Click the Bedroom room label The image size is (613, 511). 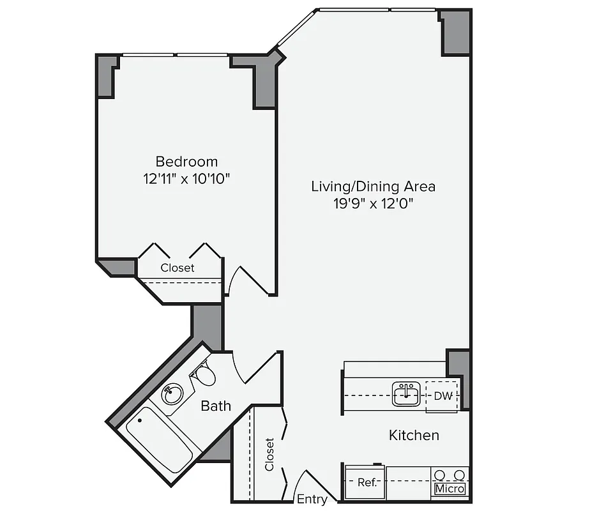coord(186,162)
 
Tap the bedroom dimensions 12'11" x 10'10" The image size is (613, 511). coord(186,179)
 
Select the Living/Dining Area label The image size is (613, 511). coord(373,187)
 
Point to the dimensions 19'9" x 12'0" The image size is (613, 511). coord(373,204)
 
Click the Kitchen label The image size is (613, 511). coord(414,436)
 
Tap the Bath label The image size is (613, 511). coord(216,406)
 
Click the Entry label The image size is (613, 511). coord(312,500)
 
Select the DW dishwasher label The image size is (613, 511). coord(443,396)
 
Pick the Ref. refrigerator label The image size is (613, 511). coord(367,483)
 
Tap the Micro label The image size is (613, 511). coord(450,489)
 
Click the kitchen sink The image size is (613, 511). coord(405,394)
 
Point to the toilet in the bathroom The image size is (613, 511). coord(204,375)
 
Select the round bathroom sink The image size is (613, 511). coord(172,394)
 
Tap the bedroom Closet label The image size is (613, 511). coord(178,268)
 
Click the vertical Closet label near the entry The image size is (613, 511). coord(269,454)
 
